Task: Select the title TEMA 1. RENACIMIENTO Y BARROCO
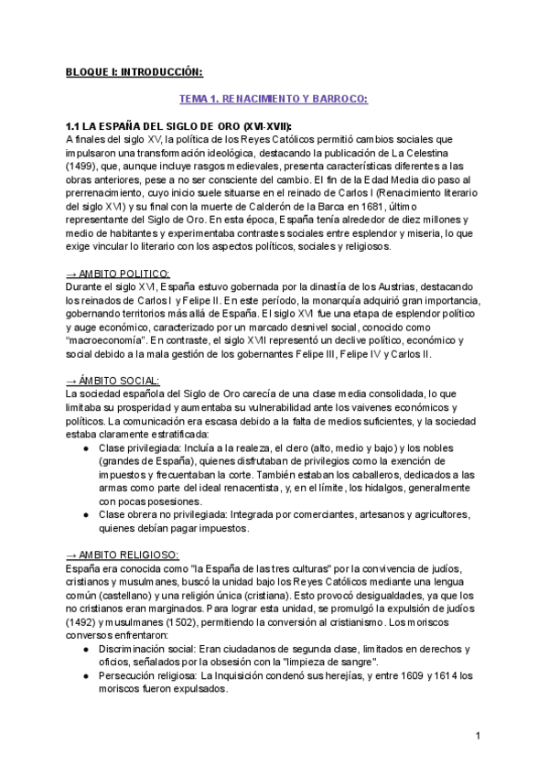tap(273, 98)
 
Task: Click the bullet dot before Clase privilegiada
tap(86, 448)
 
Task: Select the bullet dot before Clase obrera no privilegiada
tap(86, 515)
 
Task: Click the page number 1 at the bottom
tap(478, 737)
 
